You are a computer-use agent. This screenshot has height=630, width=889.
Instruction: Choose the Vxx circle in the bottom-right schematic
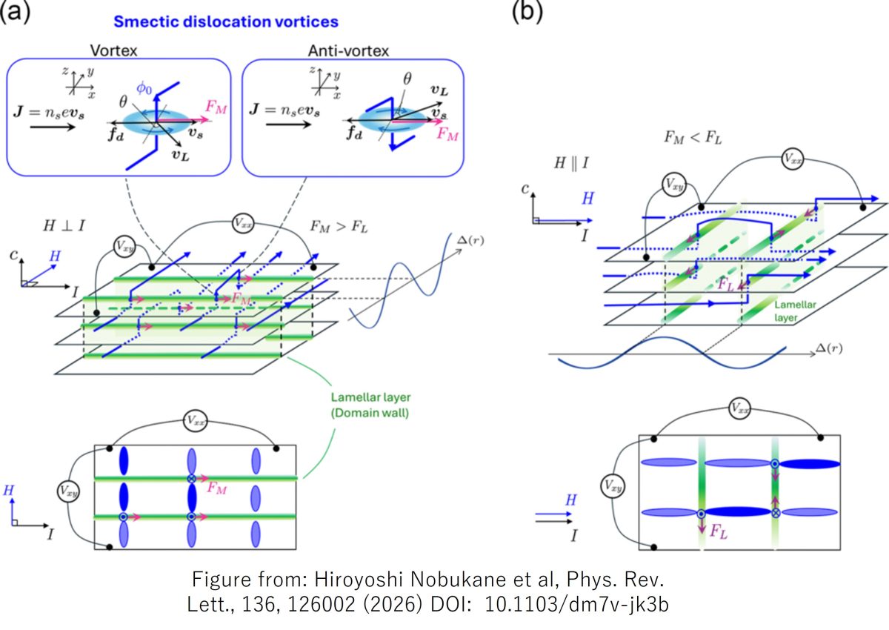743,408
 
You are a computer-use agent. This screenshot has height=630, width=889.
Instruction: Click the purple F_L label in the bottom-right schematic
719,531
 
